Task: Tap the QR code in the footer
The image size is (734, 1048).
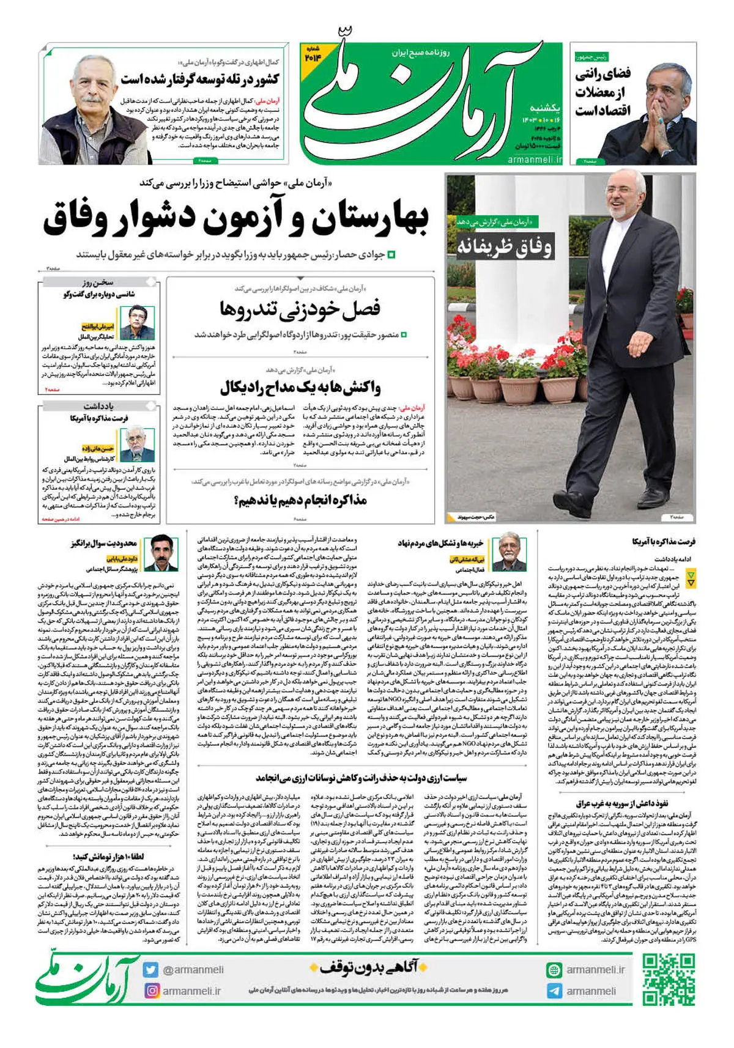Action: pos(669,980)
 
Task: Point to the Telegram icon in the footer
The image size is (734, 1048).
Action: pos(554,991)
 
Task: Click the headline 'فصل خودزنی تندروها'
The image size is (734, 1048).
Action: pos(300,309)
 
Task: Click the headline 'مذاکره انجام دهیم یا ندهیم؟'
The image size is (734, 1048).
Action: pos(300,500)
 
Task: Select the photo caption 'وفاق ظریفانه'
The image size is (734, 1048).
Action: pos(505,247)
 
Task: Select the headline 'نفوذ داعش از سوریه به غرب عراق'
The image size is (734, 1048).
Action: pos(621,803)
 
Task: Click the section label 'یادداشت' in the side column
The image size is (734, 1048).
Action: pos(99,406)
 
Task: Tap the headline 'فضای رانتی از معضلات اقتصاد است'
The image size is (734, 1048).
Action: pos(602,92)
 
